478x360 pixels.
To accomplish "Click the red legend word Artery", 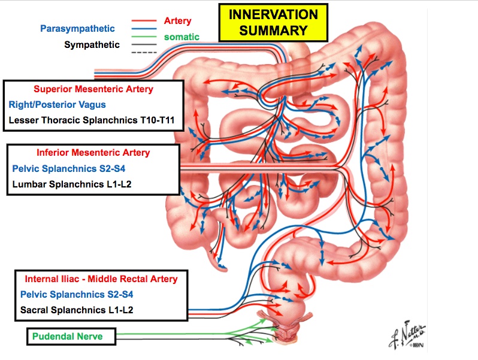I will (177, 20).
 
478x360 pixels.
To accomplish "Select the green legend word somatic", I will (181, 37).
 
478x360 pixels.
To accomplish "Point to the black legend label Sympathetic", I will (92, 44).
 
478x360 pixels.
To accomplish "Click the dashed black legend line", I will (144, 53).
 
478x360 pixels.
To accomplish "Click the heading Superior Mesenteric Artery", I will (93, 89).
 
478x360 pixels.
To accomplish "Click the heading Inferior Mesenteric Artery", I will (93, 153).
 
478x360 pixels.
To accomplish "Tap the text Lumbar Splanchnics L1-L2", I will (72, 184).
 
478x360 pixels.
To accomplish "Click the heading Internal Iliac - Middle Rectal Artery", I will (101, 279).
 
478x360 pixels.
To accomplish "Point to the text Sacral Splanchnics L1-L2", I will (76, 310).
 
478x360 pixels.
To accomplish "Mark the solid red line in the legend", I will (144, 21).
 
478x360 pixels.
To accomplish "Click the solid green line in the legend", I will (144, 37).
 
